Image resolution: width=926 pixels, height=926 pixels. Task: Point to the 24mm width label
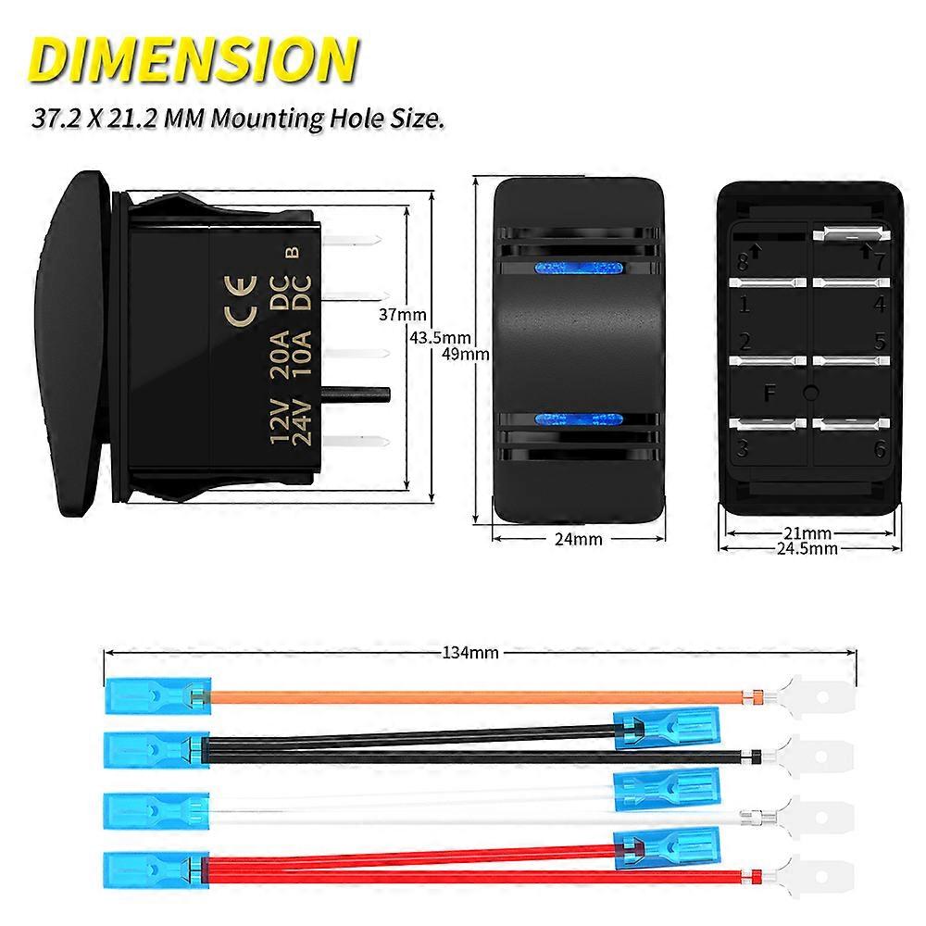point(577,538)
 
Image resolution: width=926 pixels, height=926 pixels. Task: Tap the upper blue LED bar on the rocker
point(577,270)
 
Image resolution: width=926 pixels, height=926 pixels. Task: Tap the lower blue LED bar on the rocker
point(577,419)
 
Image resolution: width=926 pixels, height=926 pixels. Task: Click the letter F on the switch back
point(770,392)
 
